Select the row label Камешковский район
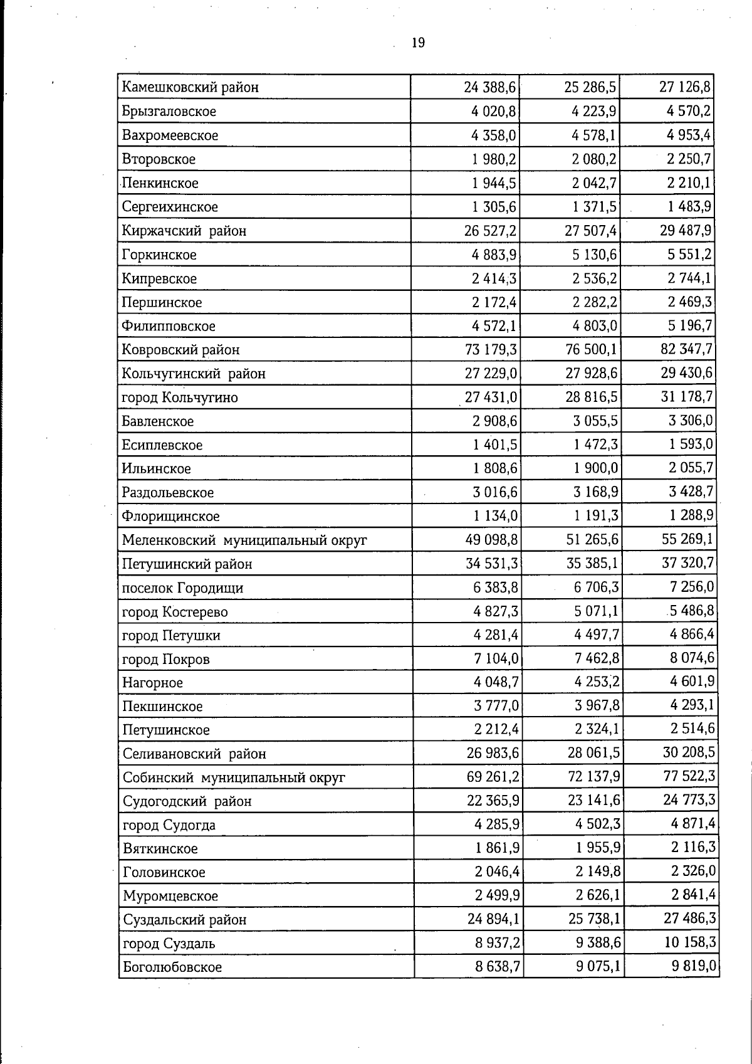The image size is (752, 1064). (x=190, y=87)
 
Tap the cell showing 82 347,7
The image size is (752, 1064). (x=686, y=349)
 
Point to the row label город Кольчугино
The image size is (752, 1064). (x=180, y=398)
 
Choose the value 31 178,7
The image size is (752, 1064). (x=686, y=396)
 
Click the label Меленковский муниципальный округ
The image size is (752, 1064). (x=244, y=540)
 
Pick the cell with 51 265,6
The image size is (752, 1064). (x=590, y=539)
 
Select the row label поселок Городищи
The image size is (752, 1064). (x=182, y=588)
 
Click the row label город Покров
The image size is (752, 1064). (x=166, y=660)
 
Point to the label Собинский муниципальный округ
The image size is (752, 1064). (x=234, y=778)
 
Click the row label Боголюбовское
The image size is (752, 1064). (x=172, y=967)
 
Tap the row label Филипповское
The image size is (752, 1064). (x=169, y=326)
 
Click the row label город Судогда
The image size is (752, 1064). (x=169, y=825)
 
